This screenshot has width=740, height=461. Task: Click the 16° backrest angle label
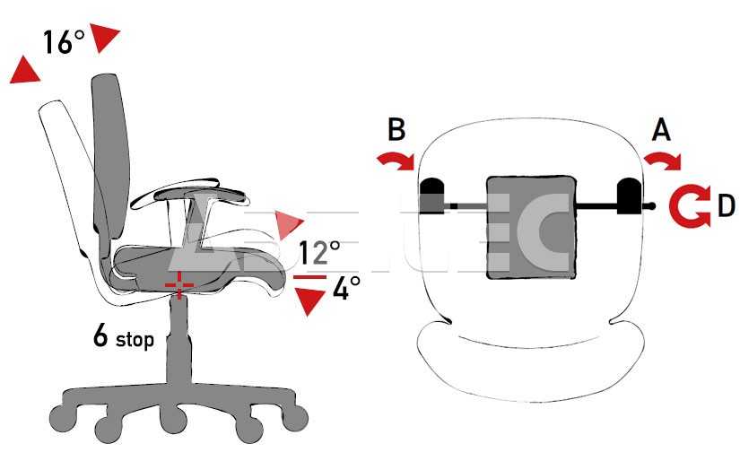[64, 42]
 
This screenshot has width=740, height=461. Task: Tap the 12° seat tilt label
[319, 253]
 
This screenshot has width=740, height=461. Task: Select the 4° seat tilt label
[345, 289]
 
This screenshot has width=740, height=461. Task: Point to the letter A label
[660, 132]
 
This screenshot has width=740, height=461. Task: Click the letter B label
[397, 129]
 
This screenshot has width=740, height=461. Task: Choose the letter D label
[726, 206]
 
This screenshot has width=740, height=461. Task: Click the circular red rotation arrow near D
[692, 205]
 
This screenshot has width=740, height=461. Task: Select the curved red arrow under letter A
[664, 161]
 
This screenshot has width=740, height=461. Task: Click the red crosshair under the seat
[179, 283]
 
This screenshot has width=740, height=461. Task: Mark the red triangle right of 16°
[105, 39]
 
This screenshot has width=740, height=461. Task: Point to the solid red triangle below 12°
[310, 301]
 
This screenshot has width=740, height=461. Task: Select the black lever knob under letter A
[627, 196]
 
